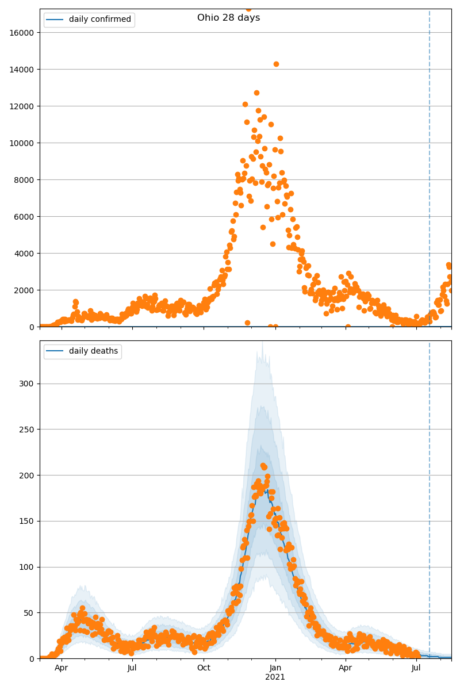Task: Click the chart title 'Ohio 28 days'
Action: tap(228, 18)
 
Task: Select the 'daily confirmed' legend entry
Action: tap(100, 20)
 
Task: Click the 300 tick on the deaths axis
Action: tap(27, 384)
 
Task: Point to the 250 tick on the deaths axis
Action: tap(27, 430)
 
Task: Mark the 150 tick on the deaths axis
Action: tap(27, 521)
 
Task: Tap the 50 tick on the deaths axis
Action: tap(29, 613)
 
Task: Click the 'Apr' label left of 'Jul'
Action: tap(61, 668)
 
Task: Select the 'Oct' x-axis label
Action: tap(204, 668)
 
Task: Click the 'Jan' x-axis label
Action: tap(275, 668)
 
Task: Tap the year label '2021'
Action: tap(275, 677)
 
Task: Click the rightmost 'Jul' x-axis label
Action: tap(416, 668)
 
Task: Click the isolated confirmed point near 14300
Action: tap(276, 64)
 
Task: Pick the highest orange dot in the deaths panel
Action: tap(263, 466)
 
